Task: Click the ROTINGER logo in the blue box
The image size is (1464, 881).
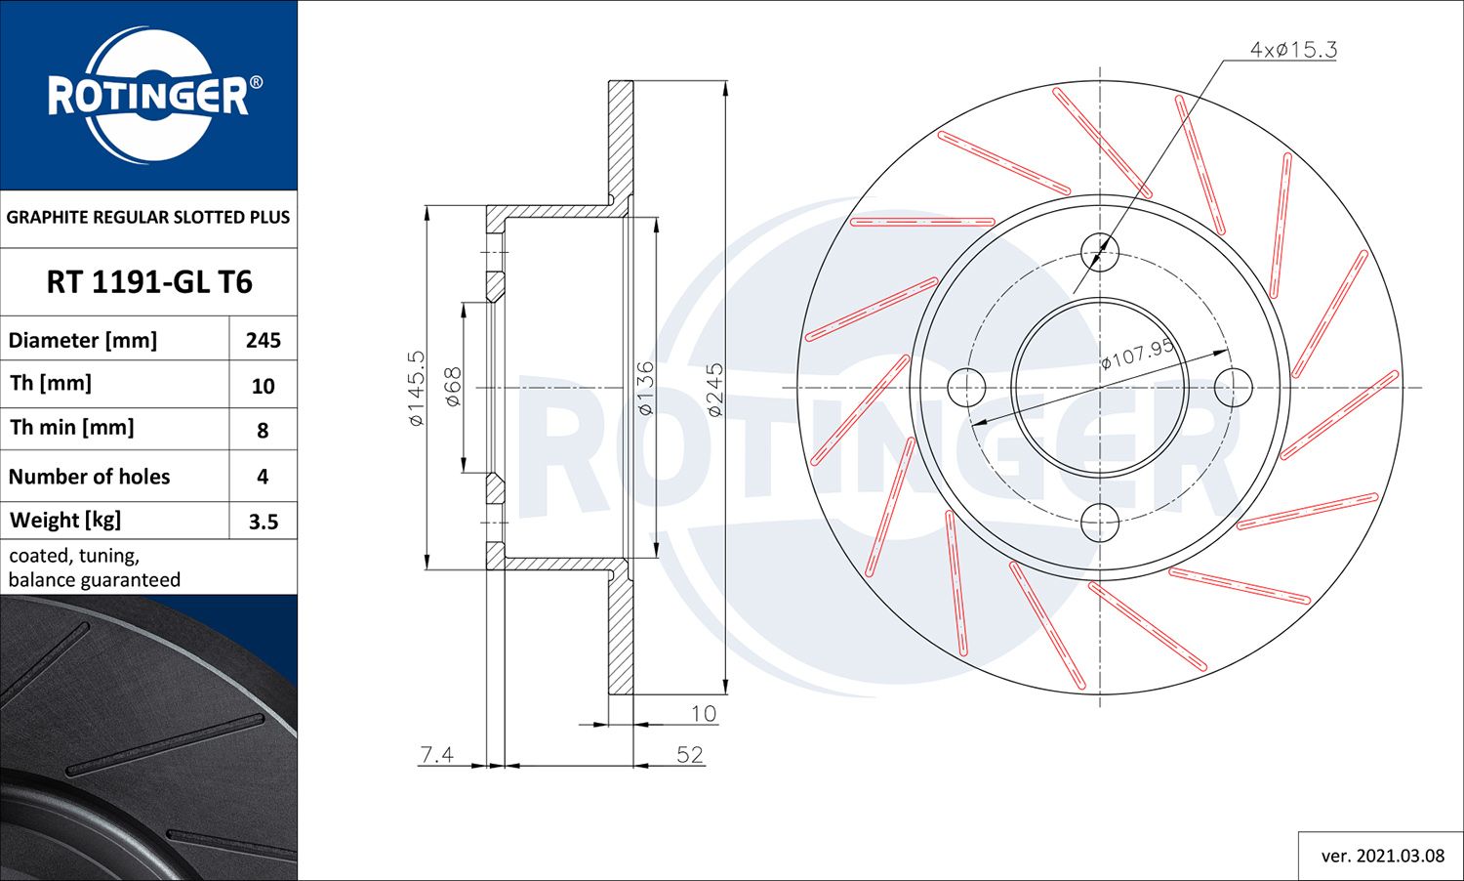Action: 148,96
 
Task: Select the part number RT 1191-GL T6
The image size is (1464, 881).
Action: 149,282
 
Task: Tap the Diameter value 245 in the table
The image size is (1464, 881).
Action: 264,340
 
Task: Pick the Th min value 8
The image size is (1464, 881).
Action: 263,430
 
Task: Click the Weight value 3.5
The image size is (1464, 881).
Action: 264,522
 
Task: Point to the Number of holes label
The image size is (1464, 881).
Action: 89,477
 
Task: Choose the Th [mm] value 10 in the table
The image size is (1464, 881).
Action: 264,386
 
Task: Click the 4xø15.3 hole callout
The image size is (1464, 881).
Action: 1293,49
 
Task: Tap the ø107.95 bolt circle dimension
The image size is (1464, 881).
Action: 1137,354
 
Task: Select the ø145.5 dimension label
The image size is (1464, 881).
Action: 417,388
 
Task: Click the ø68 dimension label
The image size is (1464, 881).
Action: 453,388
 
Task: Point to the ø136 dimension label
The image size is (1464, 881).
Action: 645,388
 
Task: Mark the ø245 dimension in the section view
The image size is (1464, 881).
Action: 715,390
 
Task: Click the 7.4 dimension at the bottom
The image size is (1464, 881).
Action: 436,754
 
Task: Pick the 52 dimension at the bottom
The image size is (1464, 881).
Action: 690,754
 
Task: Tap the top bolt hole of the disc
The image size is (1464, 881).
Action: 1100,252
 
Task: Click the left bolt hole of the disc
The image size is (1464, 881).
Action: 966,388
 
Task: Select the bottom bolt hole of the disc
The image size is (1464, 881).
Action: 1100,523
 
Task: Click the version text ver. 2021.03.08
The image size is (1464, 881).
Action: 1382,856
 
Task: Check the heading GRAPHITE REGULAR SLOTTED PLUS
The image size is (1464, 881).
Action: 148,217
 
